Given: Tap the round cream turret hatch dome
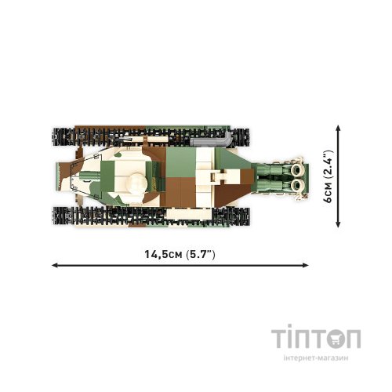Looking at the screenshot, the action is pyautogui.click(x=136, y=183).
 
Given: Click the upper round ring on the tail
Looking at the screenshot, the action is pyautogui.click(x=296, y=169).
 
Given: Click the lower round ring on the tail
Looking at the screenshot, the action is pyautogui.click(x=296, y=185).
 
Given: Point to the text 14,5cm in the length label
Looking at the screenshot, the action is pyautogui.click(x=163, y=254).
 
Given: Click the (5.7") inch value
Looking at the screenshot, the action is pyautogui.click(x=201, y=254).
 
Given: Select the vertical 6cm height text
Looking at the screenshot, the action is pyautogui.click(x=328, y=192).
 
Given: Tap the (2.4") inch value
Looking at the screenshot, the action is pyautogui.click(x=328, y=164).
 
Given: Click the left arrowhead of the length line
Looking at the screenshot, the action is pyautogui.click(x=54, y=265).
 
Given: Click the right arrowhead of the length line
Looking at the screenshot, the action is pyautogui.click(x=306, y=265).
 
